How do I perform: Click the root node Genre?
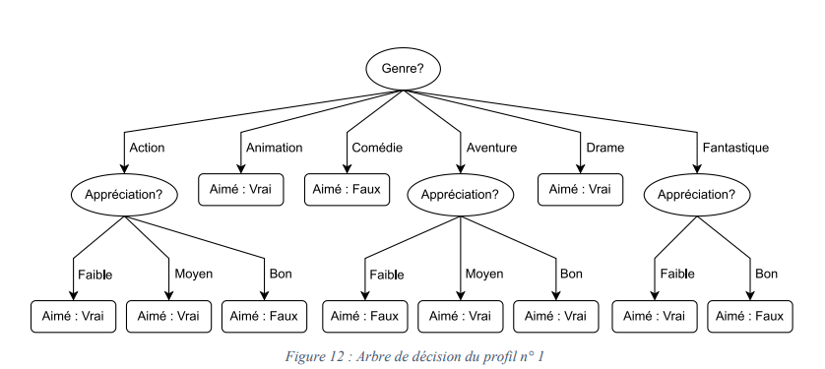[x=404, y=70]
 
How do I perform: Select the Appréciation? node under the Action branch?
[x=123, y=194]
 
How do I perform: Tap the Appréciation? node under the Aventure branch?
[x=460, y=194]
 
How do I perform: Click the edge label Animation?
[x=275, y=148]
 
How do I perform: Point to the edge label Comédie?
[x=377, y=148]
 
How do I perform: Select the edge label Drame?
[x=604, y=148]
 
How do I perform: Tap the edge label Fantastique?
[x=735, y=148]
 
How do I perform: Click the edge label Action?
[x=147, y=148]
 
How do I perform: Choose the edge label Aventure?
[x=491, y=148]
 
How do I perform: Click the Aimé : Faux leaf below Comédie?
[x=348, y=189]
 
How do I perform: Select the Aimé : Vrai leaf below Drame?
[x=581, y=189]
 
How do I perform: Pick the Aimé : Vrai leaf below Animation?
[x=241, y=189]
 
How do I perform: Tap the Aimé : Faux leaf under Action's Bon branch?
[x=264, y=316]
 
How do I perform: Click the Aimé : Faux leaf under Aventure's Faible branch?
[x=365, y=316]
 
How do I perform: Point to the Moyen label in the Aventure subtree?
[x=484, y=274]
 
